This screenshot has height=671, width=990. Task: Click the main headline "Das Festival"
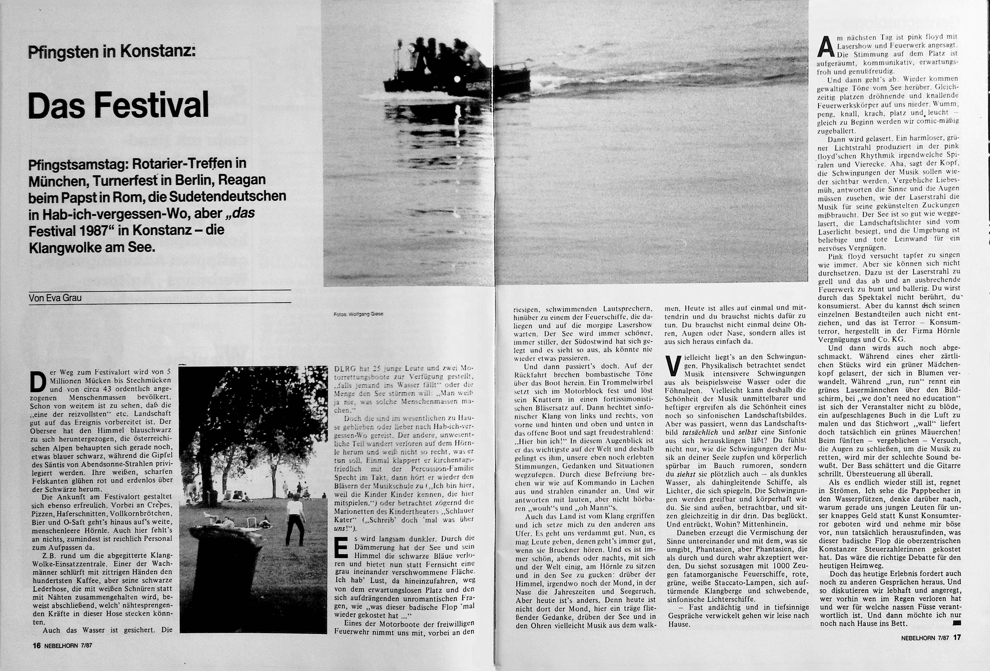pos(118,105)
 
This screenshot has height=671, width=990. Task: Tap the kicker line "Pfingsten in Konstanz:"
pos(112,52)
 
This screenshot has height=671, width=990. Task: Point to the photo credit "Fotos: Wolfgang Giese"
pos(358,314)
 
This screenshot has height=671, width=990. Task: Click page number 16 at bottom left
pos(37,645)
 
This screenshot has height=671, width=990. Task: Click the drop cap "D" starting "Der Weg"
pos(38,382)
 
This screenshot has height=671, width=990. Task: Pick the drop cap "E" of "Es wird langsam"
pos(341,547)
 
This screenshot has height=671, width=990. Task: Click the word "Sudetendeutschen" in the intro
pos(227,197)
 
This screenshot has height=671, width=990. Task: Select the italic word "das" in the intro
pos(244,213)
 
